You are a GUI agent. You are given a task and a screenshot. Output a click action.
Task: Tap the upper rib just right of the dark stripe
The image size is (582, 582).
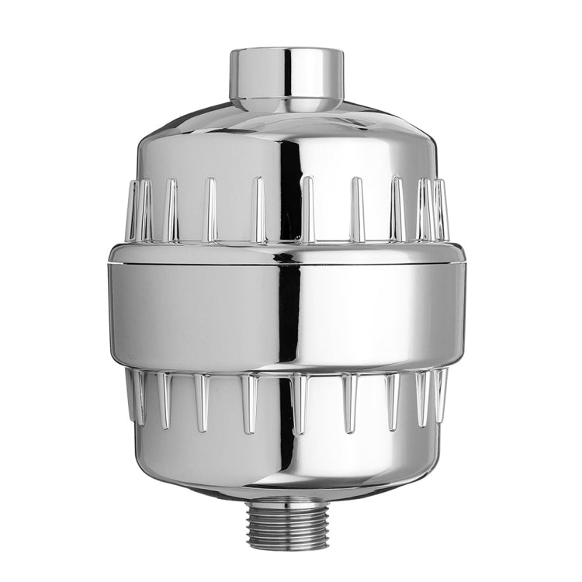[308, 210]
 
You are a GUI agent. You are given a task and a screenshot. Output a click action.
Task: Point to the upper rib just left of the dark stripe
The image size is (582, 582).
[259, 210]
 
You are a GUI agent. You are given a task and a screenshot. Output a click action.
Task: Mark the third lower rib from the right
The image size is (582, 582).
[392, 400]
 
